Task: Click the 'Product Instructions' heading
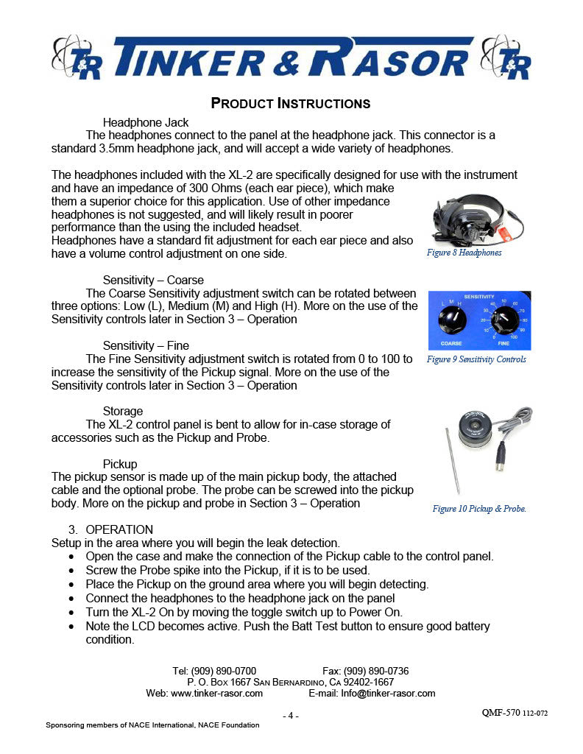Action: (x=291, y=102)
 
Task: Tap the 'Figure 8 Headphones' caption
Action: (x=464, y=253)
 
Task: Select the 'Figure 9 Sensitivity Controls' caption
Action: (x=476, y=359)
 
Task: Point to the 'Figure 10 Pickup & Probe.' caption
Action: (x=479, y=509)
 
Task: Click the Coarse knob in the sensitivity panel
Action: (x=451, y=320)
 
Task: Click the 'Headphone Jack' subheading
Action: (x=146, y=122)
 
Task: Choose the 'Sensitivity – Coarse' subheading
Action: (x=153, y=280)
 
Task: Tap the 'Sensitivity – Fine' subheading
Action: (x=146, y=345)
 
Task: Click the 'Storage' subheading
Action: (x=123, y=411)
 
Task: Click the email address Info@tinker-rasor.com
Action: (x=388, y=693)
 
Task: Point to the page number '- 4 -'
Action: (x=291, y=716)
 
